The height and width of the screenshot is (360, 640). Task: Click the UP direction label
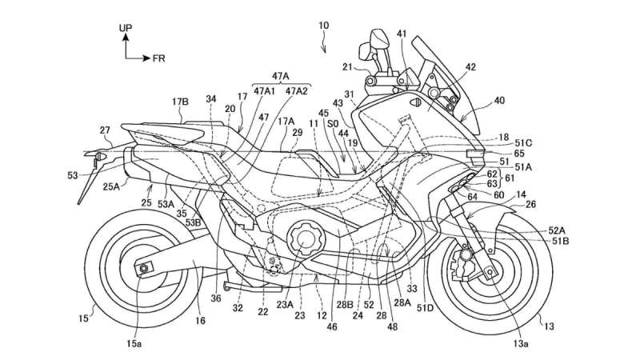[x=126, y=28]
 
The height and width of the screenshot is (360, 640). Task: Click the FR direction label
[x=158, y=58]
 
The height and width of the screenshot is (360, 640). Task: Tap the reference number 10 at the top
[x=323, y=26]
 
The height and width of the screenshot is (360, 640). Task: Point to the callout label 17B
[x=180, y=102]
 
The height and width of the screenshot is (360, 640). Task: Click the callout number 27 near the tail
[x=105, y=130]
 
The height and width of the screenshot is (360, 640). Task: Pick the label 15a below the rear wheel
[x=134, y=344]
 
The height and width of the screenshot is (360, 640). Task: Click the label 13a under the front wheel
[x=521, y=344]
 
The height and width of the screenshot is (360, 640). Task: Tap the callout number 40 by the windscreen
[x=499, y=101]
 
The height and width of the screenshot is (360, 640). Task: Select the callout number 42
[x=470, y=67]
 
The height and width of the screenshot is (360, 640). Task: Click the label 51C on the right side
[x=523, y=143]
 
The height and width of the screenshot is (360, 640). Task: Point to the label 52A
[x=557, y=230]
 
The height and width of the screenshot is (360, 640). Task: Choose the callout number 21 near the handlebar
[x=347, y=67]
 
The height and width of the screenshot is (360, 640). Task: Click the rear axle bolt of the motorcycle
[x=144, y=268]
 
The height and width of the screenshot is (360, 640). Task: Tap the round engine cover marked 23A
[x=306, y=238]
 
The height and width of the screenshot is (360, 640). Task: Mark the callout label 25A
[x=111, y=187]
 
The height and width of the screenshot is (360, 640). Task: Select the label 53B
[x=193, y=222]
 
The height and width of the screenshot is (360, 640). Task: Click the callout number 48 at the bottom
[x=394, y=326]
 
